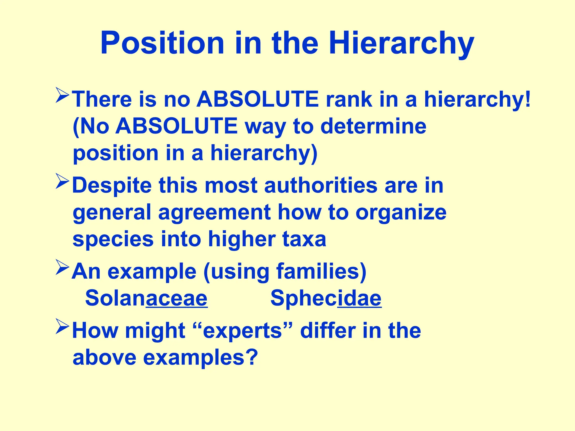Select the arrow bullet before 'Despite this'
[x=62, y=181]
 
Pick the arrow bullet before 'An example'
[x=62, y=267]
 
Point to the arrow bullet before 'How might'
[x=62, y=326]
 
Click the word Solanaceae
[x=146, y=298]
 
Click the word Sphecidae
[x=326, y=298]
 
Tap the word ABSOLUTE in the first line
[x=257, y=99]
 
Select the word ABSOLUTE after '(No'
[x=177, y=126]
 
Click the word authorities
[x=321, y=185]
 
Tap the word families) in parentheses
[x=321, y=272]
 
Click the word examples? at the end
[x=200, y=357]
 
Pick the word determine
[x=373, y=126]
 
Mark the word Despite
[x=112, y=186]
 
